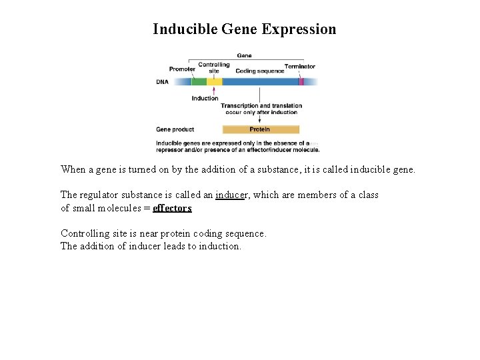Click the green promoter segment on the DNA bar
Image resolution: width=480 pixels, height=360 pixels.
199,82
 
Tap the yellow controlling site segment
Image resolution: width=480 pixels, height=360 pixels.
214,82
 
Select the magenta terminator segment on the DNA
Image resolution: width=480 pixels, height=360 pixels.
301,82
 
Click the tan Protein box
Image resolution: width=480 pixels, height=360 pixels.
260,129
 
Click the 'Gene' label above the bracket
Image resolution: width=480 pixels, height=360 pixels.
244,56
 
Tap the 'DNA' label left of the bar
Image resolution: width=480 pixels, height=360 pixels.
163,82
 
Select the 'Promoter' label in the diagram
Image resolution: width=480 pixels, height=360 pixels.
182,69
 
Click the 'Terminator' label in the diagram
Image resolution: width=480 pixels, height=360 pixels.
300,67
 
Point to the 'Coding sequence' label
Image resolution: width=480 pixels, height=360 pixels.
260,71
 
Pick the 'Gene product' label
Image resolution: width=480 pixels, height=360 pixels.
175,129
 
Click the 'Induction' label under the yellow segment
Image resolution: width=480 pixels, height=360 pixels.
205,99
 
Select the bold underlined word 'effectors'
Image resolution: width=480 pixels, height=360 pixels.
172,208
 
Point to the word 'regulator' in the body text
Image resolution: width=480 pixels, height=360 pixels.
101,195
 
